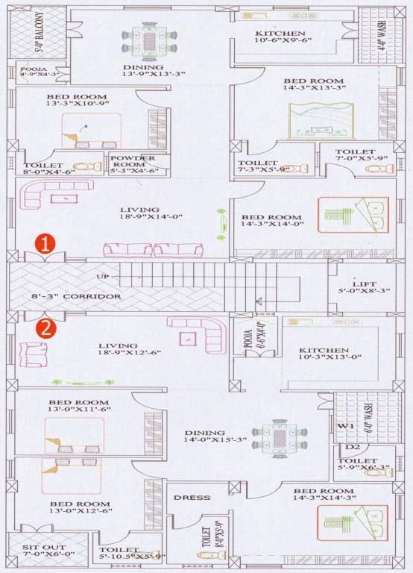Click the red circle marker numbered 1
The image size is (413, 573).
coord(46,244)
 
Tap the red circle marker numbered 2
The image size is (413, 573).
coord(45,329)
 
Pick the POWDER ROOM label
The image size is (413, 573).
coord(133,162)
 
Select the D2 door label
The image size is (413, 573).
coord(354,448)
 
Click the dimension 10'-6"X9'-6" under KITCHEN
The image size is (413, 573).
coord(280,43)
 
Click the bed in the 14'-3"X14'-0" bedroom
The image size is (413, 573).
coord(354,216)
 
